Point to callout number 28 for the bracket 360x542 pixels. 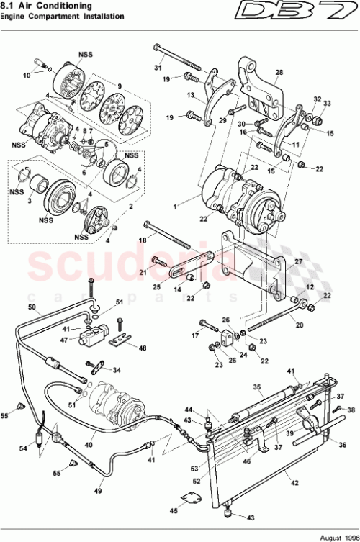[279, 72]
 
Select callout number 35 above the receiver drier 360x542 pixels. [255, 386]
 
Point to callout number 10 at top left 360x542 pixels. [26, 74]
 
